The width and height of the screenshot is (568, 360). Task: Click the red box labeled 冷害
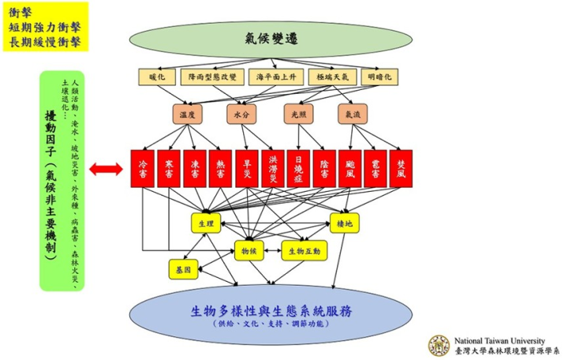[x=142, y=167]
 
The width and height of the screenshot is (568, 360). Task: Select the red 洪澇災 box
[x=272, y=167]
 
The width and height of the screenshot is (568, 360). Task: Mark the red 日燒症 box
[x=298, y=167]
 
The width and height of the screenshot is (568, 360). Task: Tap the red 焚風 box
[x=402, y=167]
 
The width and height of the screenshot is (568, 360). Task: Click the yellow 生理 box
[x=206, y=223]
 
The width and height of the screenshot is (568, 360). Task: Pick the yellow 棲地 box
[x=345, y=223]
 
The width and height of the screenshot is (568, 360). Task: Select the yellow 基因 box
[x=182, y=269]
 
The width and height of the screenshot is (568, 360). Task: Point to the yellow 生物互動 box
[x=304, y=250]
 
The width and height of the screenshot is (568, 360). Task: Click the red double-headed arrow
[x=104, y=168]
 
